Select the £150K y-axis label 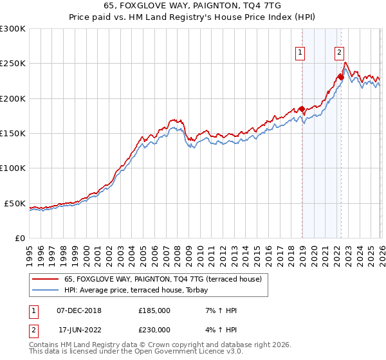click(x=13, y=134)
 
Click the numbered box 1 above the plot click(x=300, y=53)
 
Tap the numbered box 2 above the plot click(x=339, y=53)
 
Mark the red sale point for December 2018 click(x=301, y=109)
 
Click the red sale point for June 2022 click(x=341, y=78)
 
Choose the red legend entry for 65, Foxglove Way click(x=163, y=280)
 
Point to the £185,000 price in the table click(x=154, y=310)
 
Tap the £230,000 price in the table click(x=154, y=330)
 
